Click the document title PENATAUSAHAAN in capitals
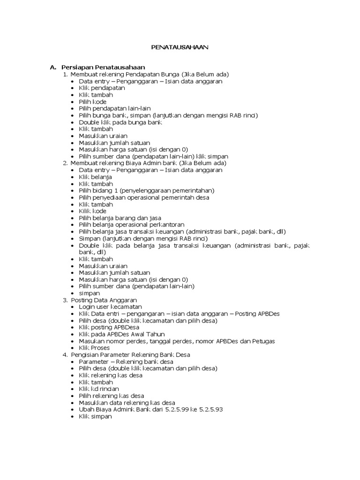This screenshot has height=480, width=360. pyautogui.click(x=180, y=47)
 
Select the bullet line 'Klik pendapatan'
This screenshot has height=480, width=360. pyautogui.click(x=95, y=88)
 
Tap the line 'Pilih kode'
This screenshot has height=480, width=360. pyautogui.click(x=92, y=102)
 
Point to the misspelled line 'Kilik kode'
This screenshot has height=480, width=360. pyautogui.click(x=92, y=211)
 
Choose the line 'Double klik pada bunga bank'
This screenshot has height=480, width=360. pyautogui.click(x=120, y=122)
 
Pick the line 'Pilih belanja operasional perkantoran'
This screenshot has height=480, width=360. pyautogui.click(x=131, y=225)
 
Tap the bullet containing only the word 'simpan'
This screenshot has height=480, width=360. pyautogui.click(x=89, y=293)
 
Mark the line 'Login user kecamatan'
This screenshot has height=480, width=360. pyautogui.click(x=110, y=307)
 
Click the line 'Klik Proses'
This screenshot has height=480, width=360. pyautogui.click(x=94, y=348)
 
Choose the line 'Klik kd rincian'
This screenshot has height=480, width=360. pyautogui.click(x=98, y=389)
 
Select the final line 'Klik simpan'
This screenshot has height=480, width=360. pyautogui.click(x=95, y=416)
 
